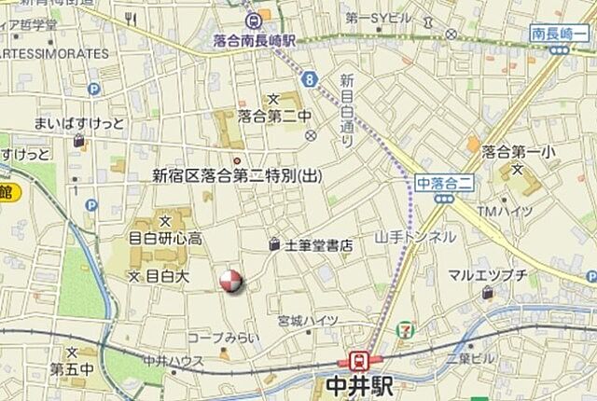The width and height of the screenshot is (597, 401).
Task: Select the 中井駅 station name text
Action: point(360,385)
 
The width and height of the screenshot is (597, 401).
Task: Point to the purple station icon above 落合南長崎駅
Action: point(252,21)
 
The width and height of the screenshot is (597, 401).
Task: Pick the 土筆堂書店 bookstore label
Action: point(317,246)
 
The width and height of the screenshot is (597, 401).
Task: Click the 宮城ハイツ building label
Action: point(309,320)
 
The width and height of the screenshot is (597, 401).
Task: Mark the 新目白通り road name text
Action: point(347,110)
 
